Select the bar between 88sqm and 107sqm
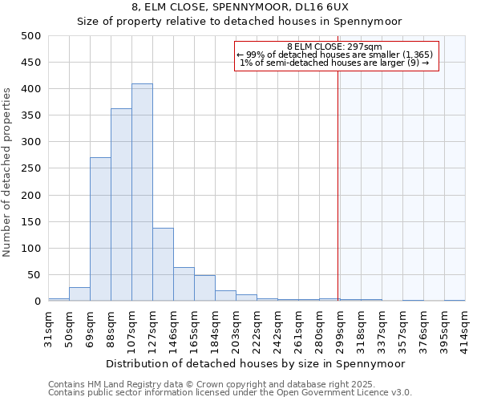(121, 205)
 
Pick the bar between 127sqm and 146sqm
(163, 265)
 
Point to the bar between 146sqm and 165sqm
(184, 284)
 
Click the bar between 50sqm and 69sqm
(79, 294)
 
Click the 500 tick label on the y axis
(30, 36)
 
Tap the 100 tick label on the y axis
(30, 249)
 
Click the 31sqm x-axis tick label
(49, 327)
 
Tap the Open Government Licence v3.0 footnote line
(230, 393)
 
